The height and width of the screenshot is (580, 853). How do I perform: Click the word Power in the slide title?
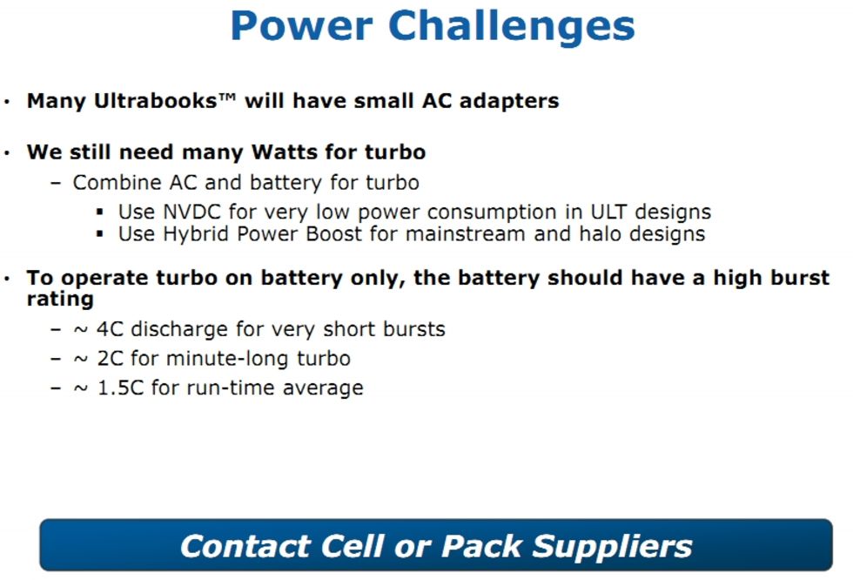[x=301, y=26]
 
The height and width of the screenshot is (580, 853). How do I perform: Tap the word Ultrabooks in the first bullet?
[x=156, y=101]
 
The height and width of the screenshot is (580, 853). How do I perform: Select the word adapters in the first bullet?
[x=509, y=102]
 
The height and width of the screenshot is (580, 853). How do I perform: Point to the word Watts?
[x=285, y=152]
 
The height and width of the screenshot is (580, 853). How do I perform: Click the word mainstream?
[x=466, y=234]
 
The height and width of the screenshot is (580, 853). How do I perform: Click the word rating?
[x=60, y=300]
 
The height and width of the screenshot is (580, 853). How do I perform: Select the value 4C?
[x=110, y=329]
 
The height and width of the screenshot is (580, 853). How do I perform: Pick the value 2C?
[x=111, y=359]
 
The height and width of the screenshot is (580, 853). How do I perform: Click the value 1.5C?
[x=120, y=388]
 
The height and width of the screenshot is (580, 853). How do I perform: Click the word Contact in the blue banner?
[x=245, y=546]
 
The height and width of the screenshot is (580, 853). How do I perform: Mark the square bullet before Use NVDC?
[x=99, y=212]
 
